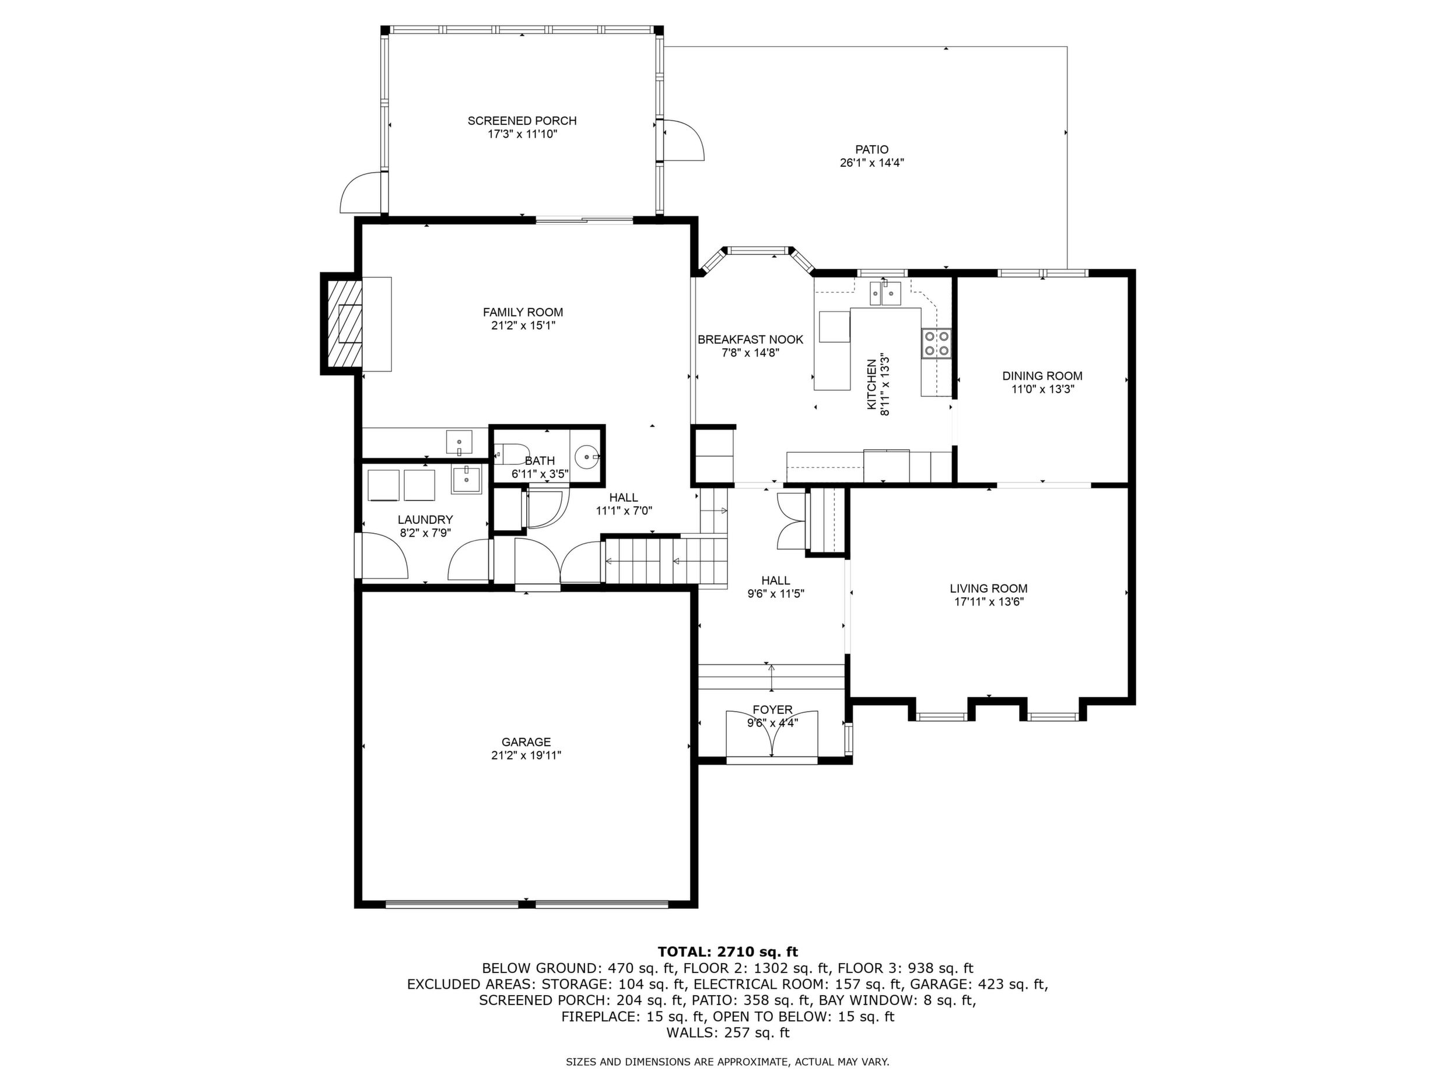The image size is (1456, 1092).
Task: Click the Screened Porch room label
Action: coord(522,120)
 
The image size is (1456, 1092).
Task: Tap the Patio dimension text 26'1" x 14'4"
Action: coord(871,163)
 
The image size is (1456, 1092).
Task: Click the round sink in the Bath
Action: coord(586,455)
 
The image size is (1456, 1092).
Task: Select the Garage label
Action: coord(526,742)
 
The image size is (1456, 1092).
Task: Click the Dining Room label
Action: coord(1042,376)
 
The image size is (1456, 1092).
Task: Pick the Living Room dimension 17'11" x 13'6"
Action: coord(989,601)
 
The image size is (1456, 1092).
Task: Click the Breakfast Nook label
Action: coord(750,339)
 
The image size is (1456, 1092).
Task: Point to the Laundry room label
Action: coord(425,519)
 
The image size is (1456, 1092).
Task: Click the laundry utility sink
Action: coord(467,479)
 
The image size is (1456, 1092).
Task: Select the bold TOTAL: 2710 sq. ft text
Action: coord(727,952)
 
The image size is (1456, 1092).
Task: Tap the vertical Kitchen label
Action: coord(871,384)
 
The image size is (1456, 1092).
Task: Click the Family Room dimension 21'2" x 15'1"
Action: coord(523,325)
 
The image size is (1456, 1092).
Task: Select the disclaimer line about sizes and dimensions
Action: coord(727,1062)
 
